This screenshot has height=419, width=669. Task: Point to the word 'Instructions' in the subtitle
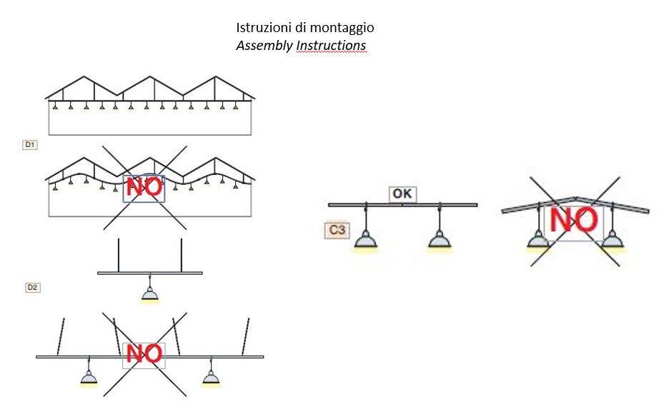tap(331, 46)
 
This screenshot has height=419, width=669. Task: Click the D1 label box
tap(30, 145)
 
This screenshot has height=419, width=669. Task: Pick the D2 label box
tap(32, 287)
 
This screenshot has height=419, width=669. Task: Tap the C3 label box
tap(337, 230)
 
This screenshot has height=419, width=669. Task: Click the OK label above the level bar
tap(402, 193)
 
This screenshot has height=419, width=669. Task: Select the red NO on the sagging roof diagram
tap(144, 188)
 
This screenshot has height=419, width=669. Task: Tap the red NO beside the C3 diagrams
tap(573, 221)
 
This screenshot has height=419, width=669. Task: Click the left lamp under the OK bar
tap(366, 241)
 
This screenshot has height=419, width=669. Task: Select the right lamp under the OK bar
tap(440, 241)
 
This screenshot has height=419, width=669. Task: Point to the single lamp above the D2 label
tap(149, 293)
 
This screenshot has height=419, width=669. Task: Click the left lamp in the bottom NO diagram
tap(89, 376)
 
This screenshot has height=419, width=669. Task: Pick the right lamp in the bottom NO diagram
tap(210, 376)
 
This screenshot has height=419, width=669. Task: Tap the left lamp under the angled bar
tap(537, 241)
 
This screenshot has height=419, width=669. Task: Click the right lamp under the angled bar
tap(612, 241)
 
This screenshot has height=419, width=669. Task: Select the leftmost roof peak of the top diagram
tap(85, 76)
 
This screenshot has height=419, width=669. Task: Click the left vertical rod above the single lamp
tap(119, 255)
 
